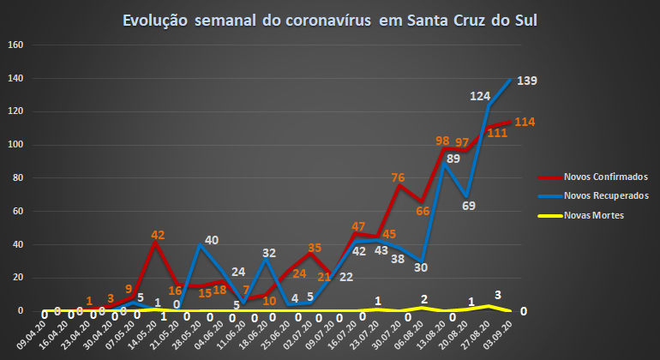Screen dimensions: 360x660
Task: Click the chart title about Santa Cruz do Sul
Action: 330,20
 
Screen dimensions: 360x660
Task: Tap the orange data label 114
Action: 525,122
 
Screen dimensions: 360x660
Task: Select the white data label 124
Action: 480,97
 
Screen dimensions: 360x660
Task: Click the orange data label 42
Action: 158,234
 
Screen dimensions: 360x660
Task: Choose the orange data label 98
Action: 442,141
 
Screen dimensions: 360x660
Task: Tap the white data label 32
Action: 269,253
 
